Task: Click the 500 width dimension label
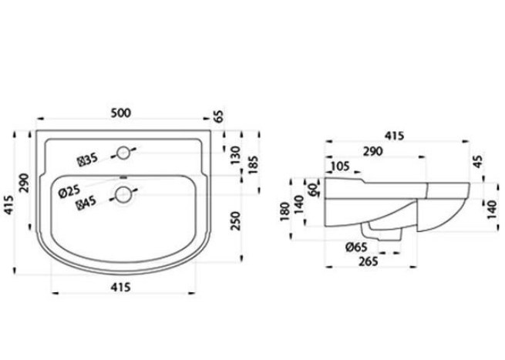tap(121, 113)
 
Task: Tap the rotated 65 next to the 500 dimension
tap(218, 116)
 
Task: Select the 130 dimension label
tap(236, 155)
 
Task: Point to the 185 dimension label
tap(253, 165)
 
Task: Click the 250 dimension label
tap(236, 220)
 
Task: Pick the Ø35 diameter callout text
tap(88, 160)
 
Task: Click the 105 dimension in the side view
tap(340, 167)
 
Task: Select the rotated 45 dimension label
tap(479, 161)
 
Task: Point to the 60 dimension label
tap(313, 190)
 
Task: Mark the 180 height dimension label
tap(284, 211)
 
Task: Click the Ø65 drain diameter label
tap(356, 247)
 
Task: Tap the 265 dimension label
tap(368, 261)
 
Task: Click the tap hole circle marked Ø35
tap(123, 153)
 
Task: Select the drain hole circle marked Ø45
tap(123, 195)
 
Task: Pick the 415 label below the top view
tap(120, 287)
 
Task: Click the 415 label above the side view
tap(394, 136)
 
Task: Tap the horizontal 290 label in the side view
tap(373, 151)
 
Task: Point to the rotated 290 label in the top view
tap(24, 183)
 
